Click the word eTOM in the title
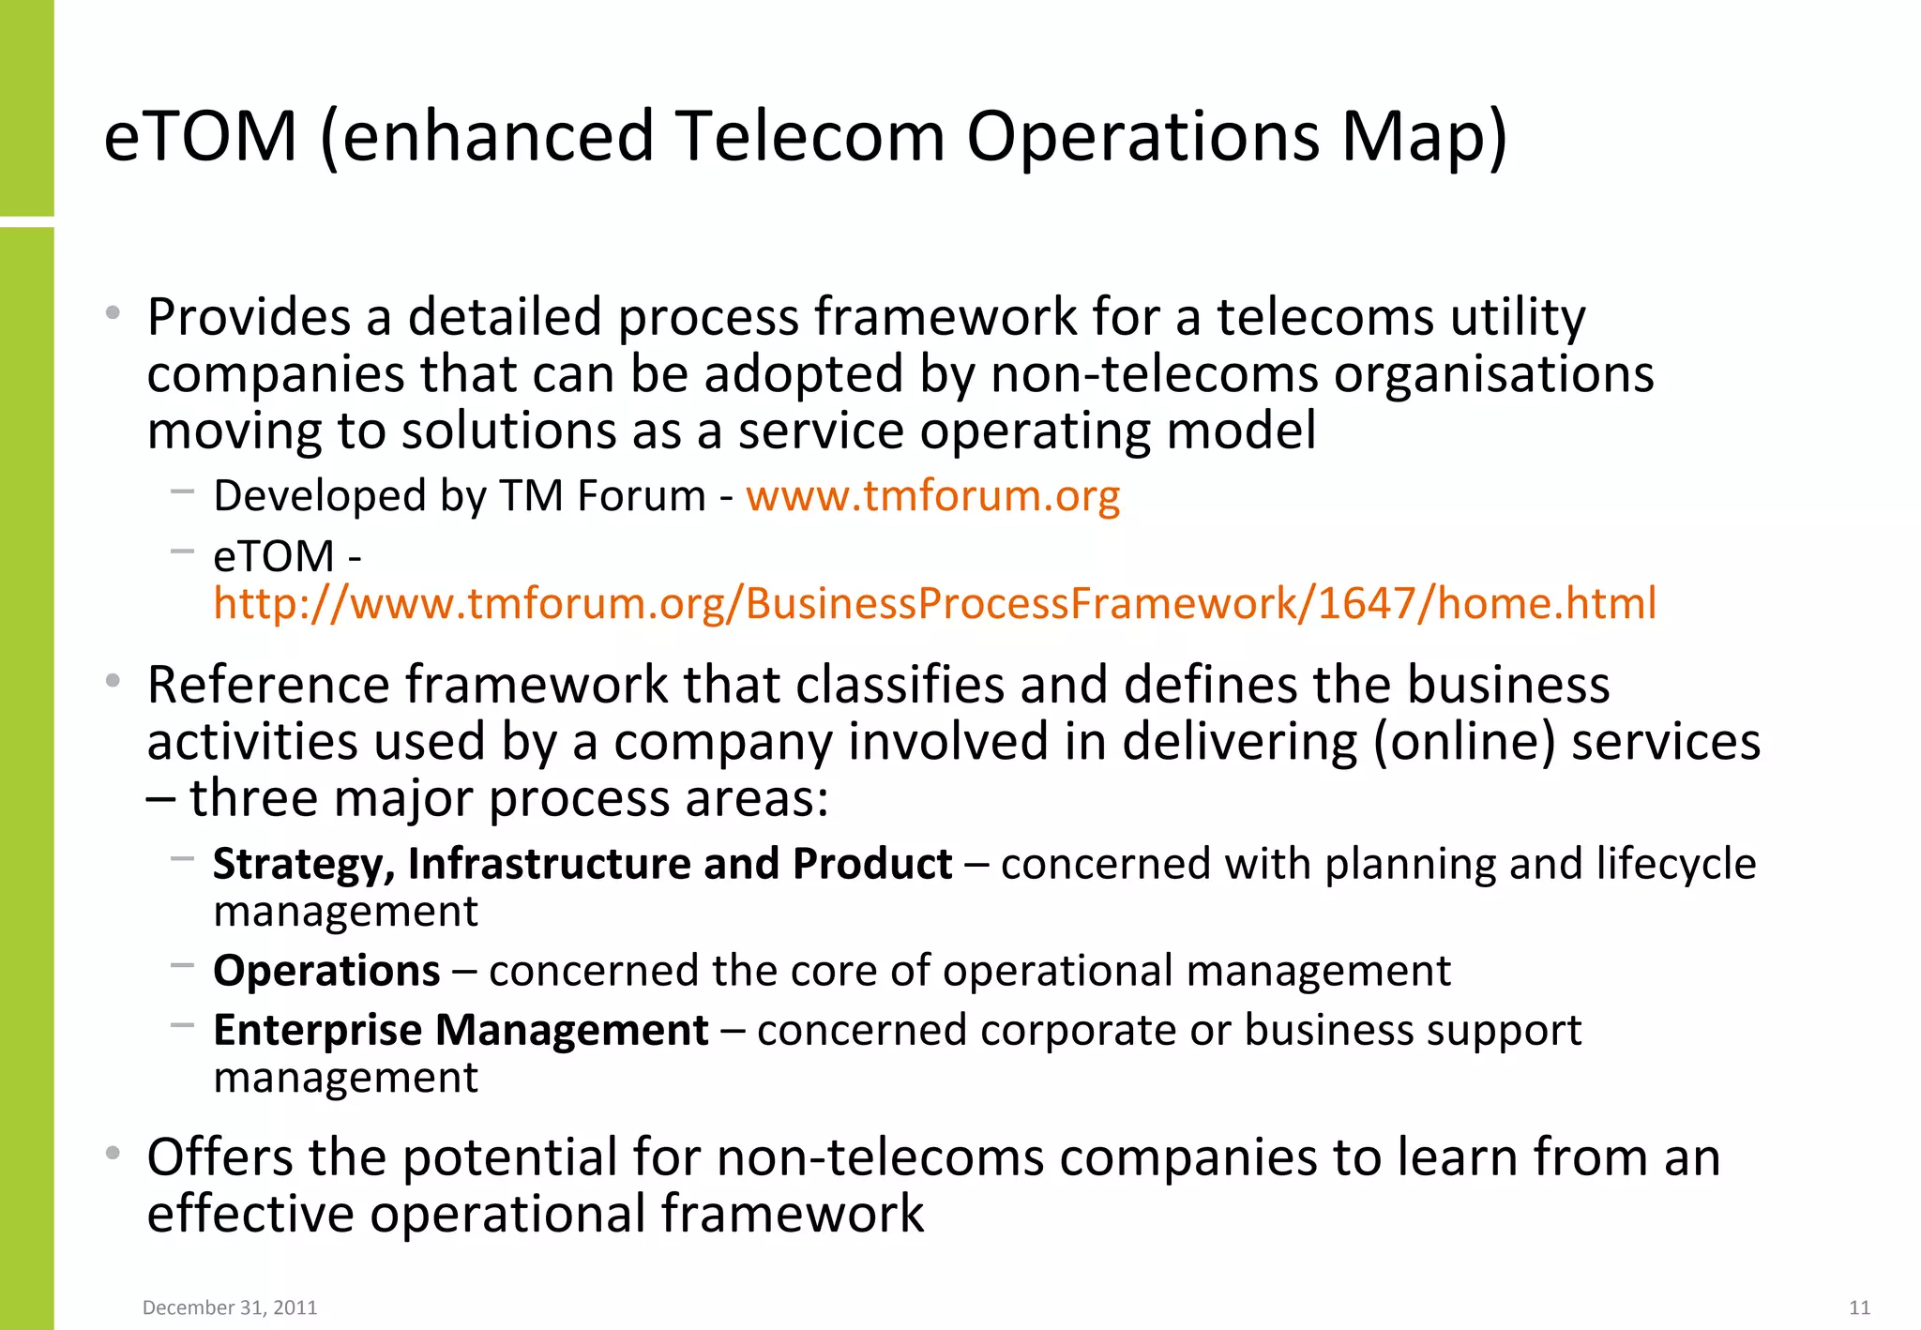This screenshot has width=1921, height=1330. (200, 137)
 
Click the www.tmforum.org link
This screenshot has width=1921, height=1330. (932, 496)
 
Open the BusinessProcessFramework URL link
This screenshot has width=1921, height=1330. (934, 603)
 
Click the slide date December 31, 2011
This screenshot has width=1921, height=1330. (230, 1307)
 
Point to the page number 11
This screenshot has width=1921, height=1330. (1859, 1307)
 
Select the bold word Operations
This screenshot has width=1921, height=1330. (326, 971)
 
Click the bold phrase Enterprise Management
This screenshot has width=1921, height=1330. (461, 1031)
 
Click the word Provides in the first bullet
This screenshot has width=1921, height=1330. (249, 318)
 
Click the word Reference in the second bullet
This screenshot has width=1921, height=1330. (267, 685)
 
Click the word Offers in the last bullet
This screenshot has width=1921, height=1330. (219, 1156)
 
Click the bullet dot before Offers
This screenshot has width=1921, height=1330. (113, 1153)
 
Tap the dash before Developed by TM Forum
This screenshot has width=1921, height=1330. (182, 490)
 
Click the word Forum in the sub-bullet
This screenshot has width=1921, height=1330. (641, 496)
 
